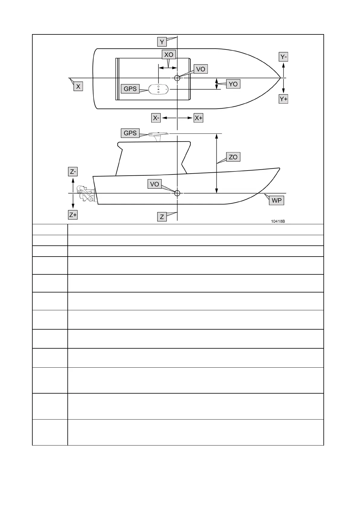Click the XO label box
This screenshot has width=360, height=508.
169,55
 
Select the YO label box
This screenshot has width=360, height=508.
233,84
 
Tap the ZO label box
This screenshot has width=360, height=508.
233,157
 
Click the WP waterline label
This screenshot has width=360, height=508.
277,201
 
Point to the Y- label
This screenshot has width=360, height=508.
284,57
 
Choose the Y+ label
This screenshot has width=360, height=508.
284,99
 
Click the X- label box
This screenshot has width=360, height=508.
156,118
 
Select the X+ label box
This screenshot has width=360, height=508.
198,118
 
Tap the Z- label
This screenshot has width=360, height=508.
73,172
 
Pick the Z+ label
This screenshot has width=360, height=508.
73,215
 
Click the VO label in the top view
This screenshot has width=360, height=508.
200,69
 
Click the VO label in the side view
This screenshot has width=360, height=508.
154,184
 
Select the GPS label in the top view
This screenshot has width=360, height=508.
130,89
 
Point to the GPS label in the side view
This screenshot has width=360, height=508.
130,133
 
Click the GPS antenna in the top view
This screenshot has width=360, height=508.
159,89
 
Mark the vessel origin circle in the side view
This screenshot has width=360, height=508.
177,193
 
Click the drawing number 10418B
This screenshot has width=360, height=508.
278,221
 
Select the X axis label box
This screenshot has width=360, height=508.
78,87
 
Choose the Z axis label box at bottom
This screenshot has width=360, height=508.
162,217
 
